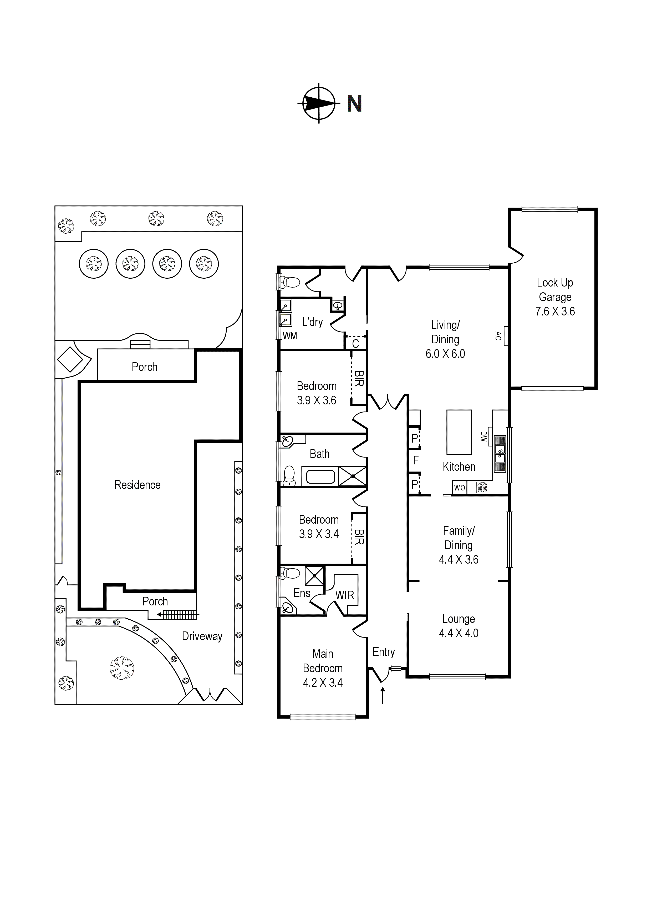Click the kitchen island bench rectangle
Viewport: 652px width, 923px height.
click(x=459, y=432)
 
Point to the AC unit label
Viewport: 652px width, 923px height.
click(x=498, y=336)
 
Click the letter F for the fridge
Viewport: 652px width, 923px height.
click(x=416, y=460)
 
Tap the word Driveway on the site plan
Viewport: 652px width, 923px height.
click(x=202, y=636)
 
